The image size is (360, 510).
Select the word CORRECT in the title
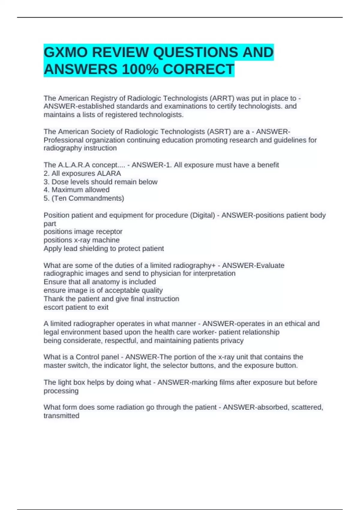point(198,70)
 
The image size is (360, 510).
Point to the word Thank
point(53,299)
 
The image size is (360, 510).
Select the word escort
point(53,307)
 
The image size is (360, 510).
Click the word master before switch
point(54,365)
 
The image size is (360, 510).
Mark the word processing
point(61,391)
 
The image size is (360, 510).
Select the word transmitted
point(61,416)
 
